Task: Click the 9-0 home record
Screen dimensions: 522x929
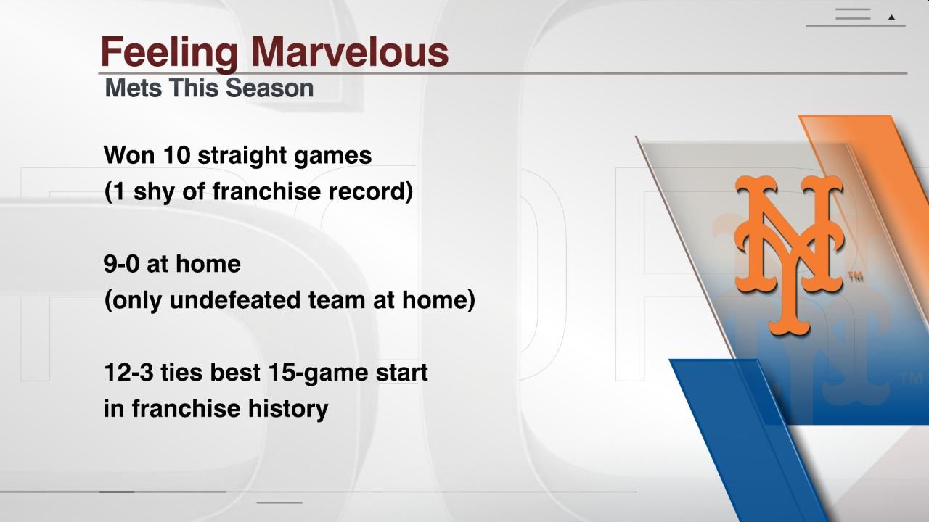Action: point(122,263)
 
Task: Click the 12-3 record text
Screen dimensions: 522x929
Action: point(128,372)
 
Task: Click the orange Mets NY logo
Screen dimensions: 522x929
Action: point(788,254)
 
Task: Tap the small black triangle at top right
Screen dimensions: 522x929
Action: point(891,17)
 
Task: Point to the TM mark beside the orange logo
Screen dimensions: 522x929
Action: point(854,276)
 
